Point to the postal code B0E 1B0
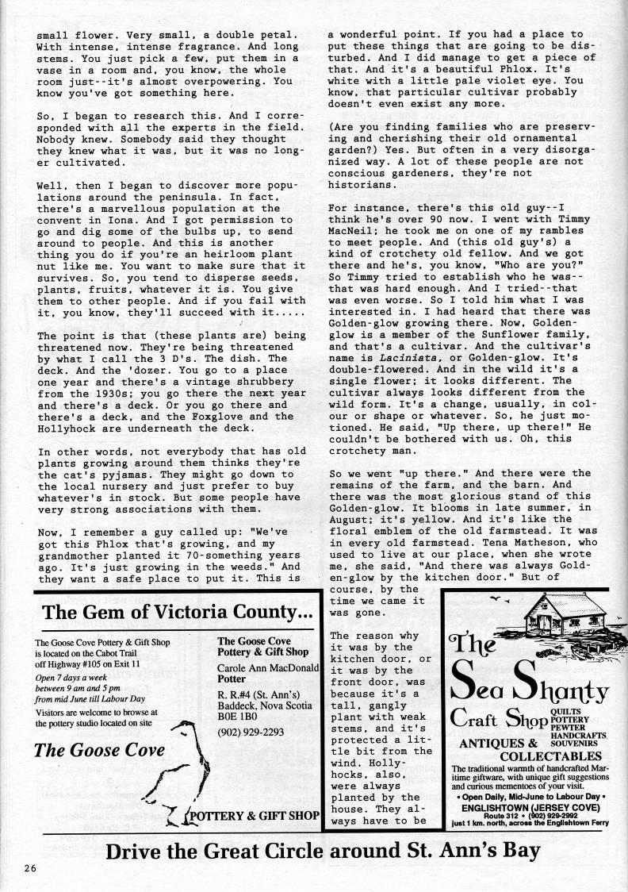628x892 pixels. click(239, 713)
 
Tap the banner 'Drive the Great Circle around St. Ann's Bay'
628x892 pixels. click(324, 851)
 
